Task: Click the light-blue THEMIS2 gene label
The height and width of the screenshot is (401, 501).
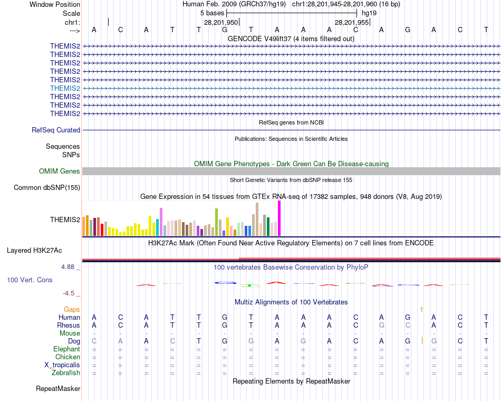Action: (65, 88)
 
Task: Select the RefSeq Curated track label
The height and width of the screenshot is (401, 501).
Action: (56, 130)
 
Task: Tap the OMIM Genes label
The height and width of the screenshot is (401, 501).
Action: (60, 171)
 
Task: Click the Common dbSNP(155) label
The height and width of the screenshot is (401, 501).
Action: (47, 187)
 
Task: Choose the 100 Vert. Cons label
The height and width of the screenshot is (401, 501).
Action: (30, 280)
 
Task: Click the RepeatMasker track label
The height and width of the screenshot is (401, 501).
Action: (58, 389)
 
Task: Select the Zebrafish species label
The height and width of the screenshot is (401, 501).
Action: (66, 373)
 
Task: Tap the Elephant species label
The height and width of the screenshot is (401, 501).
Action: (66, 349)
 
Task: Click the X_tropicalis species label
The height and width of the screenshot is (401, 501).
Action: (62, 365)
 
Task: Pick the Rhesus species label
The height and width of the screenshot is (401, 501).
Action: (69, 325)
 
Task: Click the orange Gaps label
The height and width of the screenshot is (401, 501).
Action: (72, 309)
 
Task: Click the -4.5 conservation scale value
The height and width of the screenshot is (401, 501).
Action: (69, 293)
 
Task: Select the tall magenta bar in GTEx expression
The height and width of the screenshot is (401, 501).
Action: (279, 218)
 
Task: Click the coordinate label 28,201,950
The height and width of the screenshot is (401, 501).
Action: (221, 22)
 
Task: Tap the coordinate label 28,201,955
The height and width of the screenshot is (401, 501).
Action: (352, 22)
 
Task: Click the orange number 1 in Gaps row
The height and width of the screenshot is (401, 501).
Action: (421, 309)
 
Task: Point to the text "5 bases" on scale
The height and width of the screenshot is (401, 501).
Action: (212, 13)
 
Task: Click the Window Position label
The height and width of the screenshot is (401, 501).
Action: (55, 4)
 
